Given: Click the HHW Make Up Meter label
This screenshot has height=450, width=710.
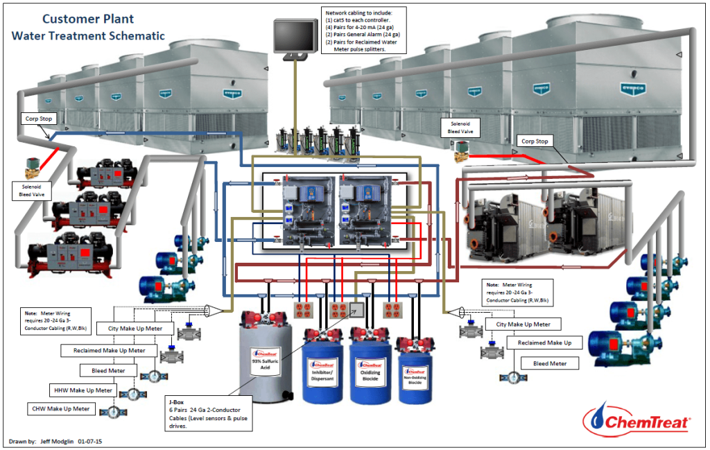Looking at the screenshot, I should (x=83, y=390).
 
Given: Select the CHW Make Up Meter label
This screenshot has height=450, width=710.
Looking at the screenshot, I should (x=61, y=408).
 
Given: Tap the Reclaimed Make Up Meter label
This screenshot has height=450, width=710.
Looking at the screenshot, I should (x=110, y=351).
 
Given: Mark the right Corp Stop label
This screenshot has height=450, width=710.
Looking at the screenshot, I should (x=534, y=141).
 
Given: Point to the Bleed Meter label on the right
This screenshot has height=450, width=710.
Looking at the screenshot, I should (x=550, y=363).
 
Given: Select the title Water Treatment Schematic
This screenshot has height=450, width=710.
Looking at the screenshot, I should (x=88, y=35).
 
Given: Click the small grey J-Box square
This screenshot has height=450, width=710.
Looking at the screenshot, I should (x=356, y=309).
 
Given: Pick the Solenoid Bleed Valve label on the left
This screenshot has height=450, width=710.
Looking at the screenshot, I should (x=26, y=190).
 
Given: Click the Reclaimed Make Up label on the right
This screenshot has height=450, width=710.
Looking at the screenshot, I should (x=544, y=343).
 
